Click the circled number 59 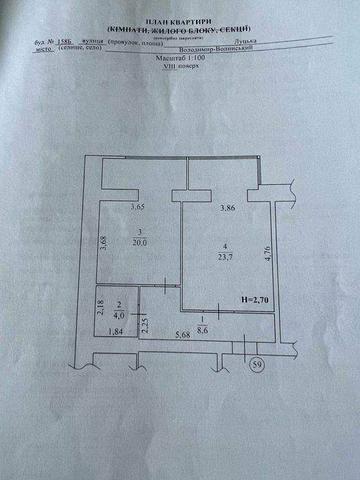click(259, 364)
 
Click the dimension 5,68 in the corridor click(183, 335)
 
